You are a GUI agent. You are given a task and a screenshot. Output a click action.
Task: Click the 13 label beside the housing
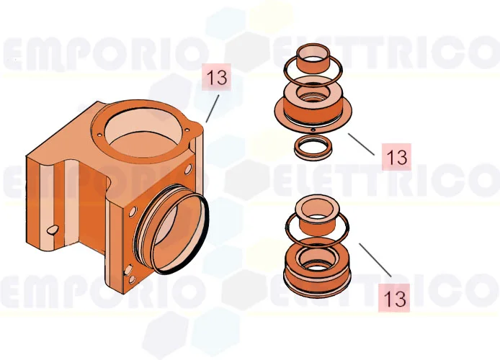tap(217, 78)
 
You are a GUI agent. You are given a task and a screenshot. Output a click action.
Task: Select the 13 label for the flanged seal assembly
tap(396, 156)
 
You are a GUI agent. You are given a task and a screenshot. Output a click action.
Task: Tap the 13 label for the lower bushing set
tap(395, 297)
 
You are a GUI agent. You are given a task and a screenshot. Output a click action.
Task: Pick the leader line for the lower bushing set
tap(375, 260)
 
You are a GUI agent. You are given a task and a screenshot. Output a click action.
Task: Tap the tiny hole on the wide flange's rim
tap(314, 130)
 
